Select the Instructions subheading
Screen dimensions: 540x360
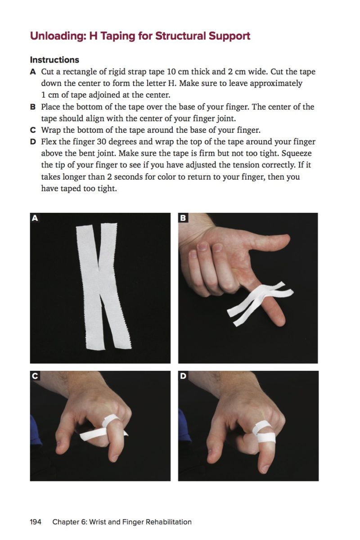[x=54, y=60]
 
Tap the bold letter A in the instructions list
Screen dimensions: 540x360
[x=33, y=72]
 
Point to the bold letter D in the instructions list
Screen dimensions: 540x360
[x=33, y=142]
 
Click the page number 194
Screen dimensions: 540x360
[x=36, y=522]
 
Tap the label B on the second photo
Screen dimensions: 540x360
[x=183, y=218]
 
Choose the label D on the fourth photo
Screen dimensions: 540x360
[x=183, y=376]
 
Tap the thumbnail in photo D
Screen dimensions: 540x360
[x=265, y=468]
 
